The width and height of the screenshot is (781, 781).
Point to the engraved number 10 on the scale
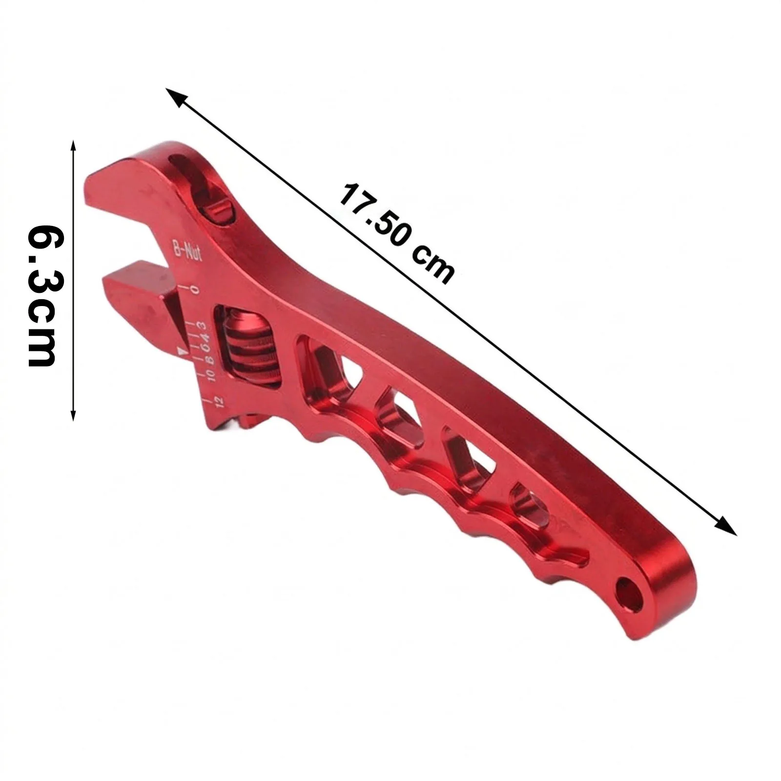point(211,375)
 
